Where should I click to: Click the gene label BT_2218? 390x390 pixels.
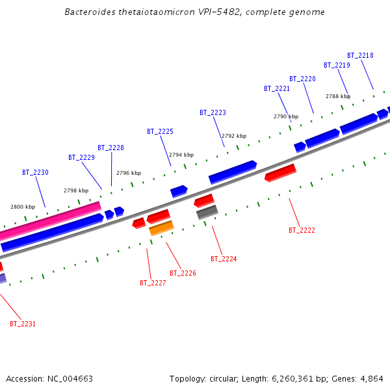click(360, 56)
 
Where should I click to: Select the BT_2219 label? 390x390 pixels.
click(337, 65)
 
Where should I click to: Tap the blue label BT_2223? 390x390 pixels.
click(213, 112)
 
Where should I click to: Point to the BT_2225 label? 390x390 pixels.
click(160, 131)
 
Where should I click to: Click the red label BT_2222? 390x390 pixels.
click(302, 230)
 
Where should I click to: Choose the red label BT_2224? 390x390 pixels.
click(224, 259)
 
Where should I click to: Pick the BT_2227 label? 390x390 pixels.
click(153, 283)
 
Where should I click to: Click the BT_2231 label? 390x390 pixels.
click(23, 324)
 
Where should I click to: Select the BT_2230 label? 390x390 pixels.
click(35, 172)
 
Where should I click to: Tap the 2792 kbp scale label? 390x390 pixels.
click(234, 136)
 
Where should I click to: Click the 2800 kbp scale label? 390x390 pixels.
click(23, 207)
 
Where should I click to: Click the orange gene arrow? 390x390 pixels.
click(161, 228)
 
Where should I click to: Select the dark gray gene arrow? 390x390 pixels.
click(207, 211)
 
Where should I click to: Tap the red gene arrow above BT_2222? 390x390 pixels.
click(280, 173)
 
